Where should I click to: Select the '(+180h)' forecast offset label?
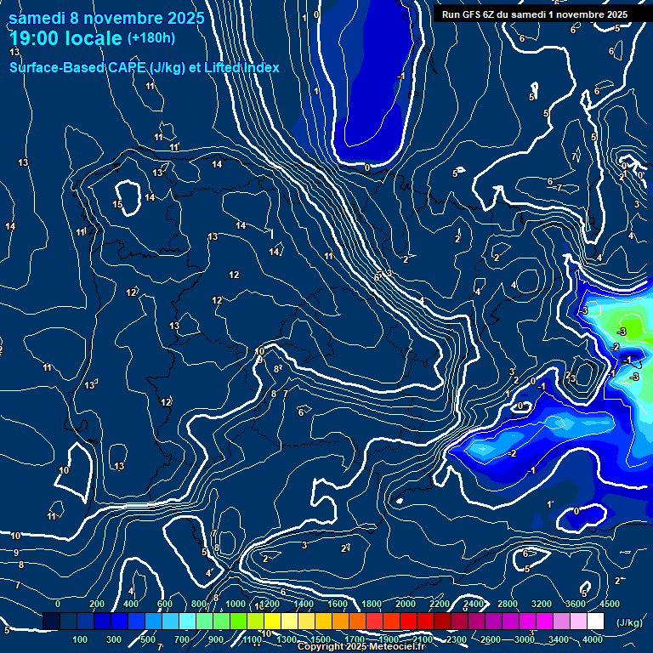click(150, 37)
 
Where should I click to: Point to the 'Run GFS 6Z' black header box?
click(535, 14)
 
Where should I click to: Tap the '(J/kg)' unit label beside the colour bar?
click(629, 622)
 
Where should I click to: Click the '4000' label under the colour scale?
click(593, 639)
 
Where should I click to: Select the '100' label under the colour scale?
click(81, 639)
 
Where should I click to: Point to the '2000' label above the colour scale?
click(406, 604)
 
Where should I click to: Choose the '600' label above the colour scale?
click(165, 604)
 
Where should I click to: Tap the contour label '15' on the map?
click(117, 205)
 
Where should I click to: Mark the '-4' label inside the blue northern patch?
click(400, 77)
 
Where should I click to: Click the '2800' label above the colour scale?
click(508, 604)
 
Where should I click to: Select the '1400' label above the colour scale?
click(303, 604)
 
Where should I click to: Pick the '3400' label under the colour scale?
click(559, 639)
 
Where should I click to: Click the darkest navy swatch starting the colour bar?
click(51, 622)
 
